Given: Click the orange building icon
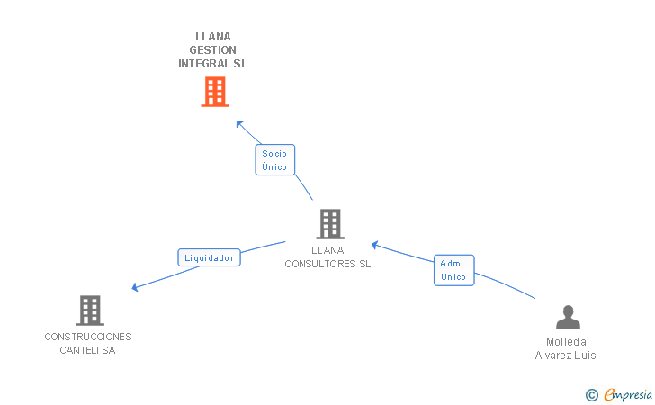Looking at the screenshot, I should (x=214, y=92).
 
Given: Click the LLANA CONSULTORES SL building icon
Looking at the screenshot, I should (x=330, y=224).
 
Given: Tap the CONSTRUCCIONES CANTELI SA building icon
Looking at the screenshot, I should (x=89, y=310).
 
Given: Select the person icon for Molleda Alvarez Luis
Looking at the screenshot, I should (x=568, y=318).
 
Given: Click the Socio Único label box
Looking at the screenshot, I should (x=274, y=160).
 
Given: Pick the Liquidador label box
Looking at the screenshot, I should (x=209, y=257).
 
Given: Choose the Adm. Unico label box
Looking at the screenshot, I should (x=453, y=270).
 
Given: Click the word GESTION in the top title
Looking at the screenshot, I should (x=213, y=50).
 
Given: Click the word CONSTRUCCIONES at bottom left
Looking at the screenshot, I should (x=88, y=337).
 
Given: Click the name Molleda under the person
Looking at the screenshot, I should (x=566, y=342).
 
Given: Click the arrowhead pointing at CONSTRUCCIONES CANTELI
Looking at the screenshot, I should (x=135, y=287).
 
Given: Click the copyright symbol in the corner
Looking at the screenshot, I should (x=591, y=394).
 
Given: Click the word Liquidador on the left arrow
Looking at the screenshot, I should (x=209, y=257).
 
